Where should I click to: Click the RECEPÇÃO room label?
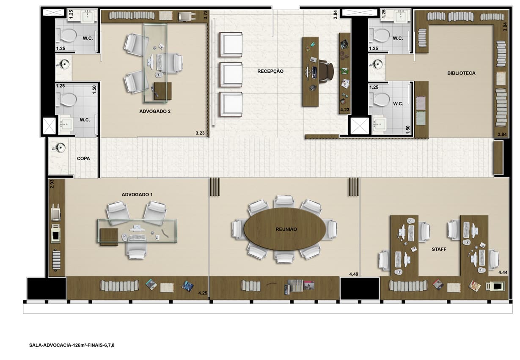270,71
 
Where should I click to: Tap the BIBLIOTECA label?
461,73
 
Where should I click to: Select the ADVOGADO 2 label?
155,111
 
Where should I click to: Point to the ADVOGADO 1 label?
137,195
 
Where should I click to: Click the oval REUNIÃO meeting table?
285,229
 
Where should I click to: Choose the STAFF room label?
439,249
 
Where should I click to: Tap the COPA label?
83,159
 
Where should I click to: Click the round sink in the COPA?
60,148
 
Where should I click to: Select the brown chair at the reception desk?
326,71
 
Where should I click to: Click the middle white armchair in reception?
231,75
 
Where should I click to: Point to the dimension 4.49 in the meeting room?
354,274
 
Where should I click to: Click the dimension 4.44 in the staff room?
503,272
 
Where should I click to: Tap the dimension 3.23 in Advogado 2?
200,133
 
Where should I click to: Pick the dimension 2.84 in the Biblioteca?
502,134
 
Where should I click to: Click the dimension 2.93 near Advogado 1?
52,184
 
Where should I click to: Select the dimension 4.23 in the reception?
345,110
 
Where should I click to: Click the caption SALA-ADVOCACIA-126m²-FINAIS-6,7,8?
72,345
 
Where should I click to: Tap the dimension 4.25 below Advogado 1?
203,293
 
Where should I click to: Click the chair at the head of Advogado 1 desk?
137,251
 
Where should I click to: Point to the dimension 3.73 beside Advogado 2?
205,15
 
